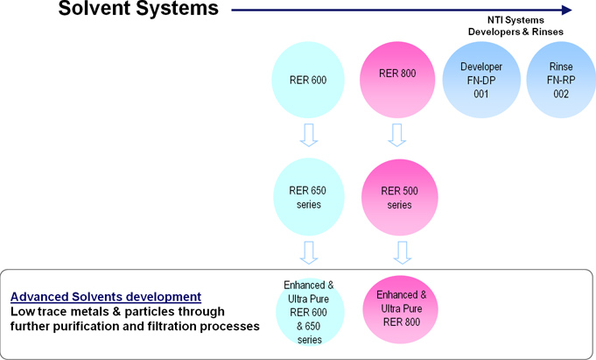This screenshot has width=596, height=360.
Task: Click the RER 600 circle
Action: pyautogui.click(x=308, y=80)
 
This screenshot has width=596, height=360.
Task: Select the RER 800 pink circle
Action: pyautogui.click(x=397, y=80)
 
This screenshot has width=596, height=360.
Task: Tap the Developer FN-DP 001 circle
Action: pyautogui.click(x=481, y=80)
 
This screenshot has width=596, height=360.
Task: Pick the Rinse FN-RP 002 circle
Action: pyautogui.click(x=561, y=80)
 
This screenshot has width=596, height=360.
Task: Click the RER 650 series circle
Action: pyautogui.click(x=309, y=197)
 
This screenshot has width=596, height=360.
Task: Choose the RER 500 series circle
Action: pyautogui.click(x=399, y=197)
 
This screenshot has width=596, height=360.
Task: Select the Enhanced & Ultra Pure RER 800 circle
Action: pyautogui.click(x=401, y=309)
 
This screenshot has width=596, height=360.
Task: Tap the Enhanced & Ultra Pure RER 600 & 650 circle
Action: pyautogui.click(x=310, y=312)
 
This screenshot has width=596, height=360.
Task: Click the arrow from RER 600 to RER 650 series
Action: pyautogui.click(x=309, y=135)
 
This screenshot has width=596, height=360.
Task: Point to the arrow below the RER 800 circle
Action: pyautogui.click(x=396, y=135)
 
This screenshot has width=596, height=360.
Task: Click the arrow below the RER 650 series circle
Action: pyautogui.click(x=309, y=252)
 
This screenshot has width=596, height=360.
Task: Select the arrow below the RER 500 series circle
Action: pyautogui.click(x=403, y=252)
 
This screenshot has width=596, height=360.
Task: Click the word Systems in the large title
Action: pyautogui.click(x=178, y=9)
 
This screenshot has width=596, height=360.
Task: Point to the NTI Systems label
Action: pyautogui.click(x=515, y=20)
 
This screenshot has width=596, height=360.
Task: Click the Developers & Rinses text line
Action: pyautogui.click(x=515, y=32)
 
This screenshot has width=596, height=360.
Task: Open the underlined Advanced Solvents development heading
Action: pyautogui.click(x=106, y=296)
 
